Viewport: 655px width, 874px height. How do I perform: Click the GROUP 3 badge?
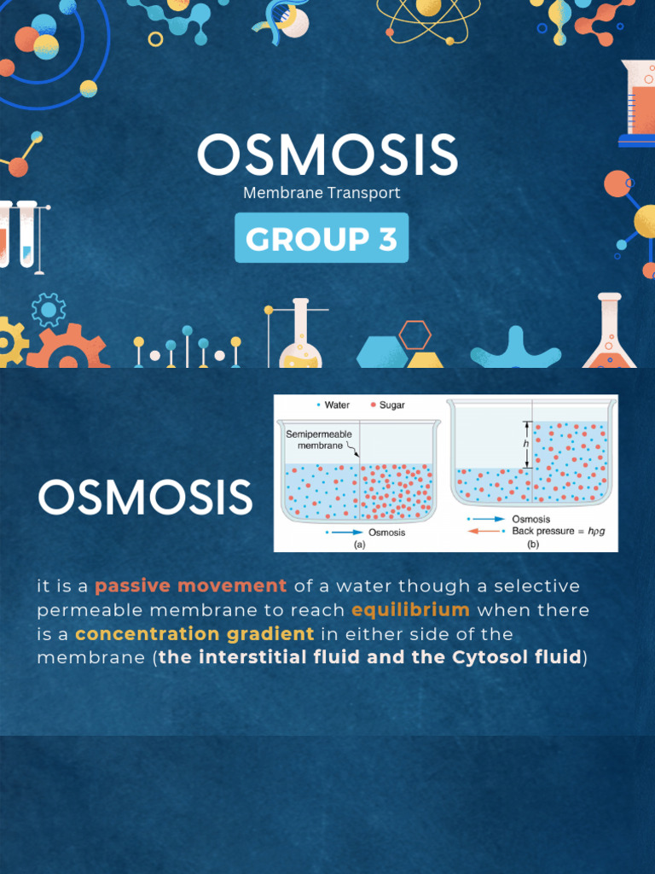(x=322, y=238)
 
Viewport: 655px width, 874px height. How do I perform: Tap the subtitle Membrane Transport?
(x=322, y=193)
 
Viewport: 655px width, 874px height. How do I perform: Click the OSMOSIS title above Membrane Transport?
(x=327, y=156)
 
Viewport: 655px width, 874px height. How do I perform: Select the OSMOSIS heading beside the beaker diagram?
(x=145, y=498)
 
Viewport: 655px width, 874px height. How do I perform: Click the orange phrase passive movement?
(x=190, y=586)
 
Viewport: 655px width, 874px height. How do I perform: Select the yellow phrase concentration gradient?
(x=194, y=634)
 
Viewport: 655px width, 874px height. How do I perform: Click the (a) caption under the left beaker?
(x=359, y=545)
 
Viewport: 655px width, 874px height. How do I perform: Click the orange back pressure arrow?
(x=484, y=531)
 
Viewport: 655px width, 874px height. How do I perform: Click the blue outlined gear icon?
(x=49, y=309)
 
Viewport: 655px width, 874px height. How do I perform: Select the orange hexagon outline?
(x=415, y=335)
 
